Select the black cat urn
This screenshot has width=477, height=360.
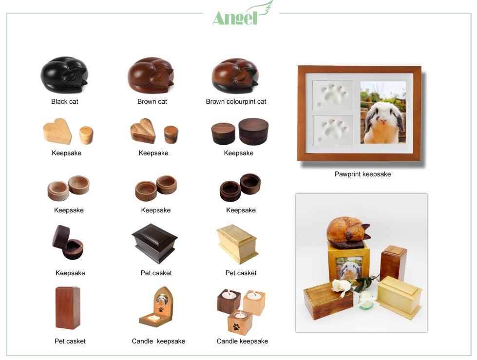(64, 75)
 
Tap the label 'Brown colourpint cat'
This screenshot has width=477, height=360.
(236, 101)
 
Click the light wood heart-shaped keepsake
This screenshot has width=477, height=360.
(57, 131)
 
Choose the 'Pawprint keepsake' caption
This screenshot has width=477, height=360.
(363, 174)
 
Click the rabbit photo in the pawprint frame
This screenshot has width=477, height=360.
(383, 112)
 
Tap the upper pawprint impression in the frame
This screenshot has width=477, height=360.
(333, 95)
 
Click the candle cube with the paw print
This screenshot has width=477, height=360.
(240, 322)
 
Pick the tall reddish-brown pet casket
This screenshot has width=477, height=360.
(68, 308)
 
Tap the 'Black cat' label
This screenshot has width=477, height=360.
(64, 101)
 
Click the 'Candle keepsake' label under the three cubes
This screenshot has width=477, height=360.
(242, 341)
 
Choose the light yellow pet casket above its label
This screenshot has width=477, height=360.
(237, 244)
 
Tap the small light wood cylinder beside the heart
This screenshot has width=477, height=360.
(86, 135)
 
